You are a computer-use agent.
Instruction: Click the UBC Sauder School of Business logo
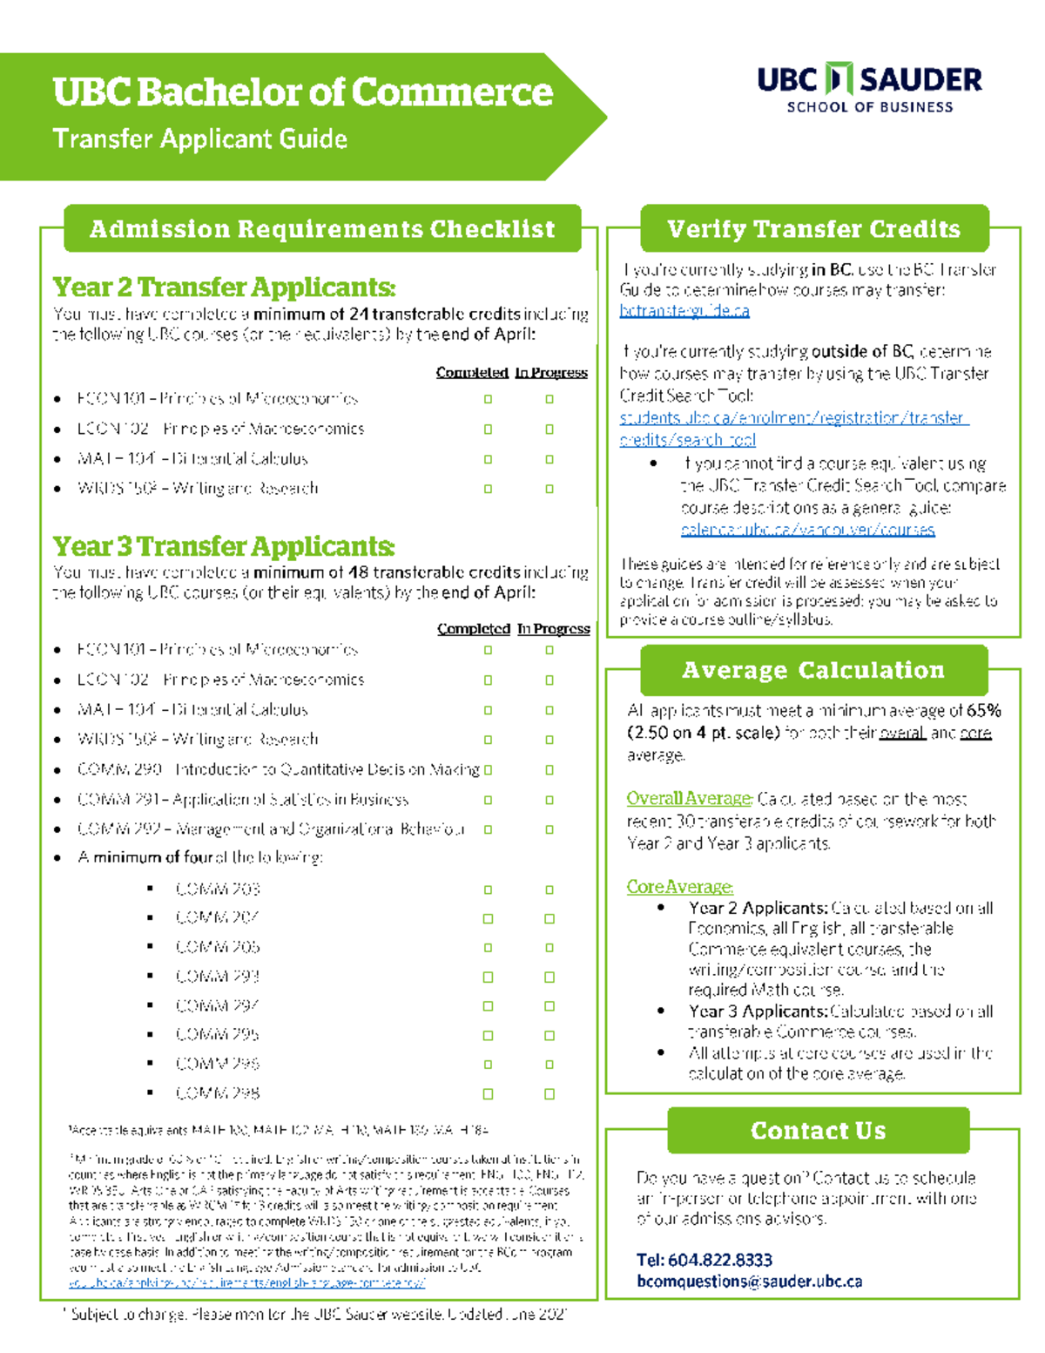click(x=868, y=88)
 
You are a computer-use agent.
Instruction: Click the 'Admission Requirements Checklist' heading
click(x=322, y=229)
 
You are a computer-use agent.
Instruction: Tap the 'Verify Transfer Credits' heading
click(x=813, y=229)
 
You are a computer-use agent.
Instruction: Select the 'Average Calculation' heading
click(x=813, y=670)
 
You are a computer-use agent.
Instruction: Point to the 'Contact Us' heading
click(x=818, y=1131)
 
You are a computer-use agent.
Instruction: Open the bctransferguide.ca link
click(x=684, y=311)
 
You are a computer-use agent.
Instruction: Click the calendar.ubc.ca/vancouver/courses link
click(x=807, y=530)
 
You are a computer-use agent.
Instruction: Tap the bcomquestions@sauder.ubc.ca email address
click(x=749, y=1282)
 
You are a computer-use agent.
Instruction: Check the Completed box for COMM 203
click(x=488, y=890)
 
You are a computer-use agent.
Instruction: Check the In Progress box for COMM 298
click(x=549, y=1093)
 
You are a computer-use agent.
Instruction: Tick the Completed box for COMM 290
click(x=488, y=770)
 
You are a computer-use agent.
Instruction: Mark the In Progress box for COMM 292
click(x=549, y=829)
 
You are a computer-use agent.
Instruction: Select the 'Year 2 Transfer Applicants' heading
click(x=224, y=287)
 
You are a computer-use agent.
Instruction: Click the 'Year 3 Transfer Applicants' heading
click(x=224, y=546)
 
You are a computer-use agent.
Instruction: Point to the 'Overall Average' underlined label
click(x=689, y=798)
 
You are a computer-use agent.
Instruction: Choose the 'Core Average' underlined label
click(x=679, y=887)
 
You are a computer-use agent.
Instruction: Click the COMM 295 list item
click(x=218, y=1035)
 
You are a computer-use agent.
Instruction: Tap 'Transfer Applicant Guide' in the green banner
click(x=200, y=139)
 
